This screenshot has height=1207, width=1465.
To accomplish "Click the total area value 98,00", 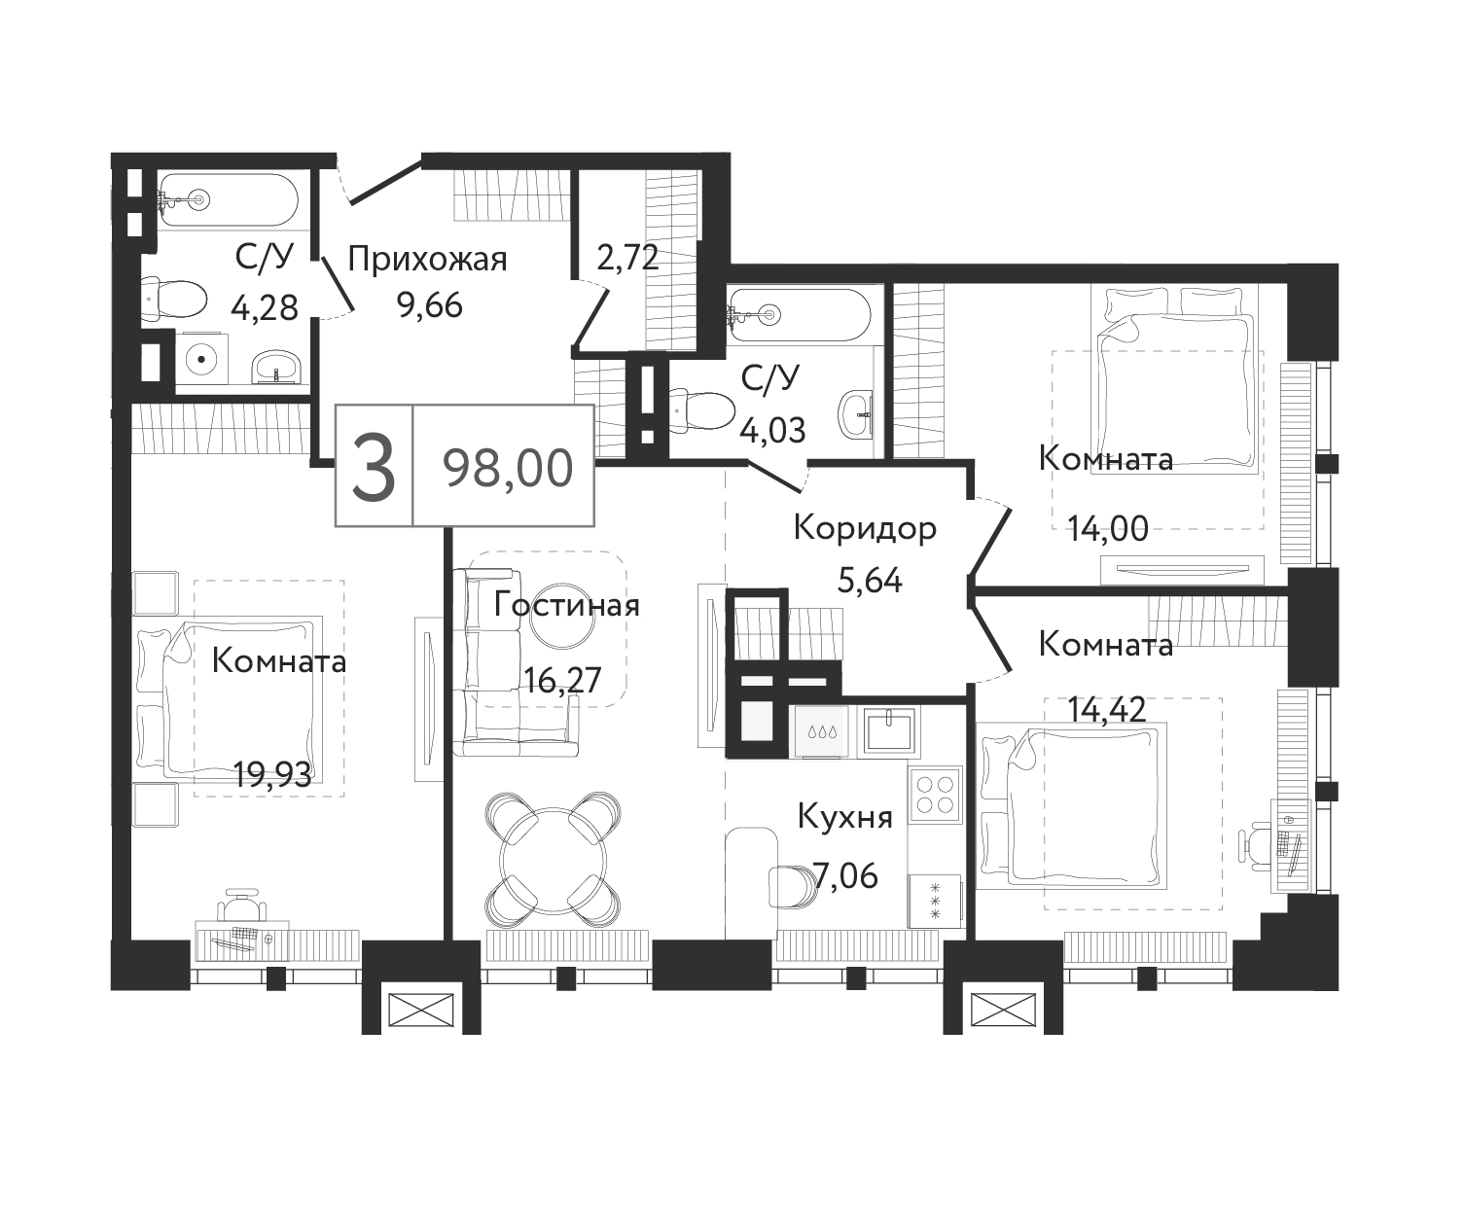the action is click(508, 469).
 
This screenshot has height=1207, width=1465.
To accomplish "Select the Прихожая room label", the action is click(427, 259).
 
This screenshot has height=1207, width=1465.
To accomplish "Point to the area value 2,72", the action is click(628, 258).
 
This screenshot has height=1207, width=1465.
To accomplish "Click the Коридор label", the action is click(865, 528).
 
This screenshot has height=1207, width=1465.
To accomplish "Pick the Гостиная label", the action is click(567, 605).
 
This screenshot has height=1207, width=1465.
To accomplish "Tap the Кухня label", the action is click(844, 817).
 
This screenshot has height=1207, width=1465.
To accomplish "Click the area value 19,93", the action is click(272, 775).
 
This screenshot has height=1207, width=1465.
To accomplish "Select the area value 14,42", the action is click(1106, 709).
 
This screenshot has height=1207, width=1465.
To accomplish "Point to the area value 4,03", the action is click(772, 430).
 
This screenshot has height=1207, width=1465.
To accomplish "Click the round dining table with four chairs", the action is click(554, 859).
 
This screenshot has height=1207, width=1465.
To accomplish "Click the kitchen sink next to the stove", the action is click(888, 732).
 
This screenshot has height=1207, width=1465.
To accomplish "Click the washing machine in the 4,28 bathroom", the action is click(201, 359).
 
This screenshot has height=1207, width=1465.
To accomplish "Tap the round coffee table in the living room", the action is click(562, 616).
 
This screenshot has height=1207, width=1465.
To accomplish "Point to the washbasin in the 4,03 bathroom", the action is click(857, 414).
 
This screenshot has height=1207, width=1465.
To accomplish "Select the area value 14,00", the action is click(1108, 528).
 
